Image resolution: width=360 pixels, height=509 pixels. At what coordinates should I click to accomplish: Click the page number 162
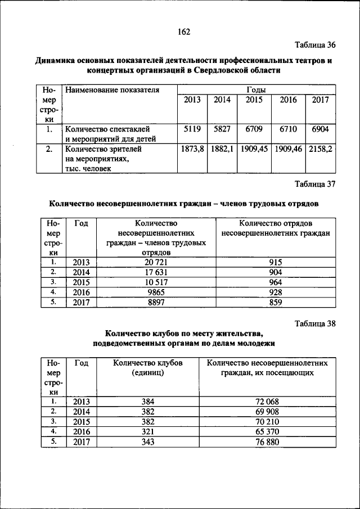184,31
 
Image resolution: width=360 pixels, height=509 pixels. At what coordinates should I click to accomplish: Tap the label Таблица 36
315,45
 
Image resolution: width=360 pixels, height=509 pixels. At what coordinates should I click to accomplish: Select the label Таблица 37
315,183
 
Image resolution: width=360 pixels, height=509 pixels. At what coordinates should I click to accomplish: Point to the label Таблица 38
315,323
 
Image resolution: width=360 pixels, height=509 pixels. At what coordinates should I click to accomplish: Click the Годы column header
256,89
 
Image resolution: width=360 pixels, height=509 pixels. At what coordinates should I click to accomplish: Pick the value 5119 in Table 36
192,129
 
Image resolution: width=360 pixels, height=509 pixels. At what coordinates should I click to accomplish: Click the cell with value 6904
321,129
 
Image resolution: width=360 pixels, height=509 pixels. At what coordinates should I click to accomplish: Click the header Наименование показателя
112,89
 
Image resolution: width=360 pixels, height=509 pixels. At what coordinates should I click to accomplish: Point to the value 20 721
156,262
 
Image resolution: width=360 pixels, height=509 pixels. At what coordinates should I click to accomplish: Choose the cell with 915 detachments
276,262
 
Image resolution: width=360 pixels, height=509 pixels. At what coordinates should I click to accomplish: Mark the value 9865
156,292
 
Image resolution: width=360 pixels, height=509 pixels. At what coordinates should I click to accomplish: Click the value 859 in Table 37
276,303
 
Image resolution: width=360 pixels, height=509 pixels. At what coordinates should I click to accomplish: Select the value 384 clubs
148,402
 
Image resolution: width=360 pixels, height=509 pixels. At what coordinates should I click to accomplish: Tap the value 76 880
267,442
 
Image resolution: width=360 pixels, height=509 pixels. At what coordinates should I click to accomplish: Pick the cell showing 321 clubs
148,432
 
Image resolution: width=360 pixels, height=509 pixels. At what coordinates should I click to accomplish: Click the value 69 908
267,412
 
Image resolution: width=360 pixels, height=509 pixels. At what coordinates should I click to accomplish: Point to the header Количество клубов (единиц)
148,368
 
